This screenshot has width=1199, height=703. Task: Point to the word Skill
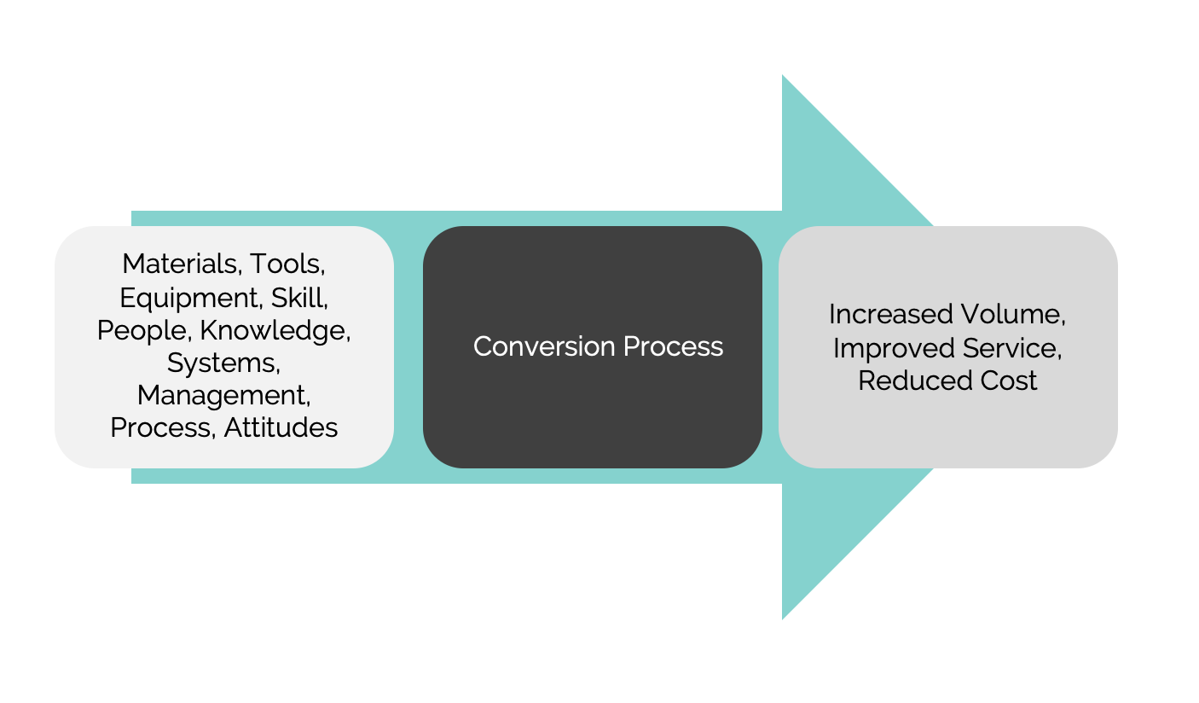pyautogui.click(x=299, y=298)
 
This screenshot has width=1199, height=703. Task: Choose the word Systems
pyautogui.click(x=223, y=363)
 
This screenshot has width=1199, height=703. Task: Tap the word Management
pyautogui.click(x=223, y=396)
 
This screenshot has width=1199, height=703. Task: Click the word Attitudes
pyautogui.click(x=281, y=427)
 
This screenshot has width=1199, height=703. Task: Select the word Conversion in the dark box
pyautogui.click(x=544, y=346)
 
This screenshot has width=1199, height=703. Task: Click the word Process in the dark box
pyautogui.click(x=674, y=346)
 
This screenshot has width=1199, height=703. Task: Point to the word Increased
pyautogui.click(x=890, y=314)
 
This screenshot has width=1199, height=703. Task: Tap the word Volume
pyautogui.click(x=1013, y=314)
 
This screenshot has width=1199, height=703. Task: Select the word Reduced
pyautogui.click(x=915, y=381)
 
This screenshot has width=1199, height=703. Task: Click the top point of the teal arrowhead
pyautogui.click(x=783, y=75)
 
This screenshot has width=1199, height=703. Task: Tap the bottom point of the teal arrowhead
pyautogui.click(x=783, y=619)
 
